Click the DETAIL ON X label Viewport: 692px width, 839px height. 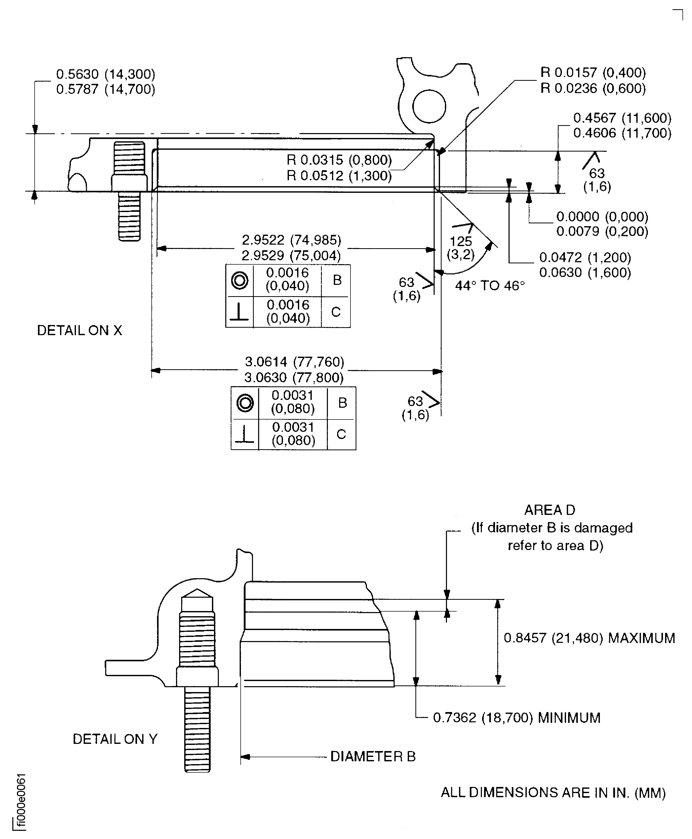click(x=79, y=330)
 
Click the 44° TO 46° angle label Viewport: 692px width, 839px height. click(x=490, y=286)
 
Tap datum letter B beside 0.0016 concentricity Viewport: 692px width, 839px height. click(x=337, y=280)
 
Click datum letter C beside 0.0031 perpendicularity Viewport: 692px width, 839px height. click(x=341, y=434)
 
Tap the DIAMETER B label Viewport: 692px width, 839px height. click(x=373, y=756)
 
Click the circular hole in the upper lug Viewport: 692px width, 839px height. click(x=429, y=106)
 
